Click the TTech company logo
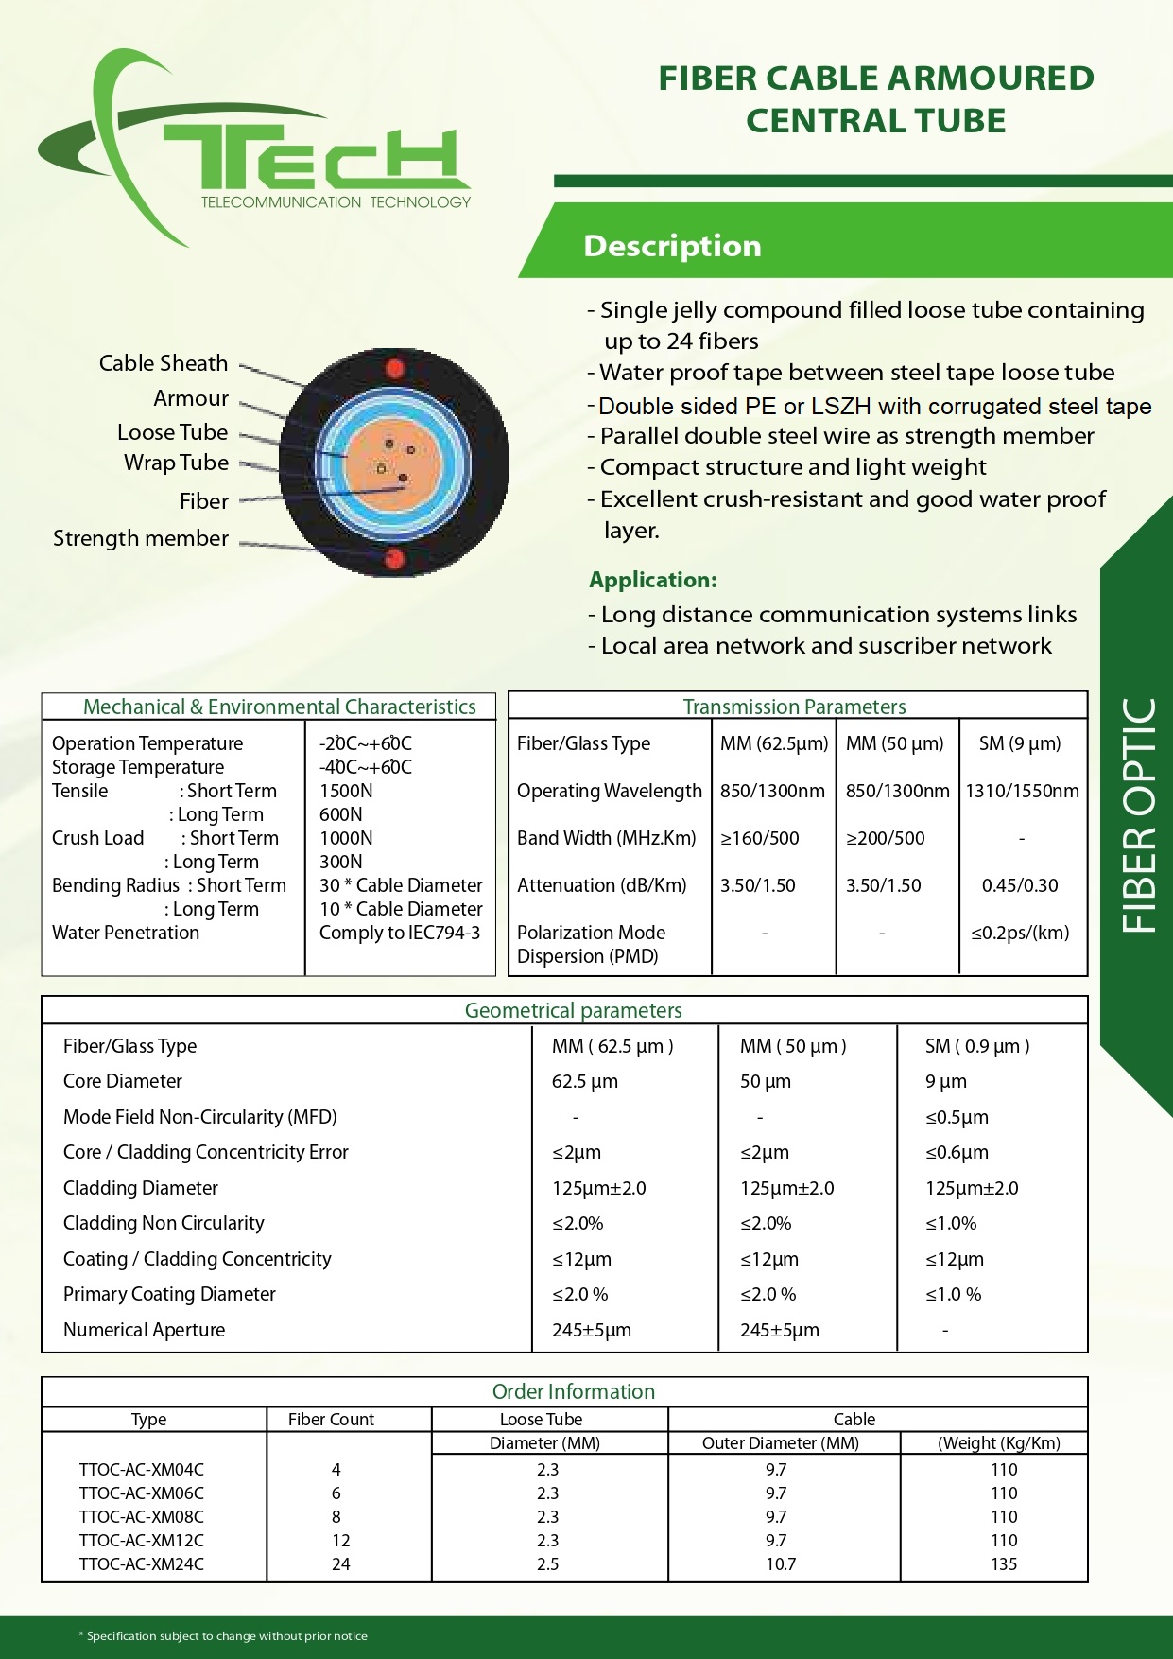(255, 151)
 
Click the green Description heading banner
(672, 246)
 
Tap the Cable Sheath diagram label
(164, 363)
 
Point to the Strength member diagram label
(141, 538)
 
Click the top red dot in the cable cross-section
(396, 369)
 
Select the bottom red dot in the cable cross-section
(395, 559)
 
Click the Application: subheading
(653, 580)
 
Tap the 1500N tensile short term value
(346, 791)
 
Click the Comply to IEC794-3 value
(400, 933)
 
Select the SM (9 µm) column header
(1020, 743)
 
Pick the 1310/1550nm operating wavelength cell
(1022, 791)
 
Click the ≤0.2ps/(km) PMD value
(1020, 933)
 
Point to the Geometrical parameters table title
(573, 1010)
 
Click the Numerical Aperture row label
(145, 1330)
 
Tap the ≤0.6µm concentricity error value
(957, 1152)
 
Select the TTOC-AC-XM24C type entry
(142, 1564)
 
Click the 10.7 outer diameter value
(781, 1564)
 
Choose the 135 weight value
(1004, 1564)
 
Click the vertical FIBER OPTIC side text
(1139, 815)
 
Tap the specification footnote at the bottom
(223, 1635)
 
